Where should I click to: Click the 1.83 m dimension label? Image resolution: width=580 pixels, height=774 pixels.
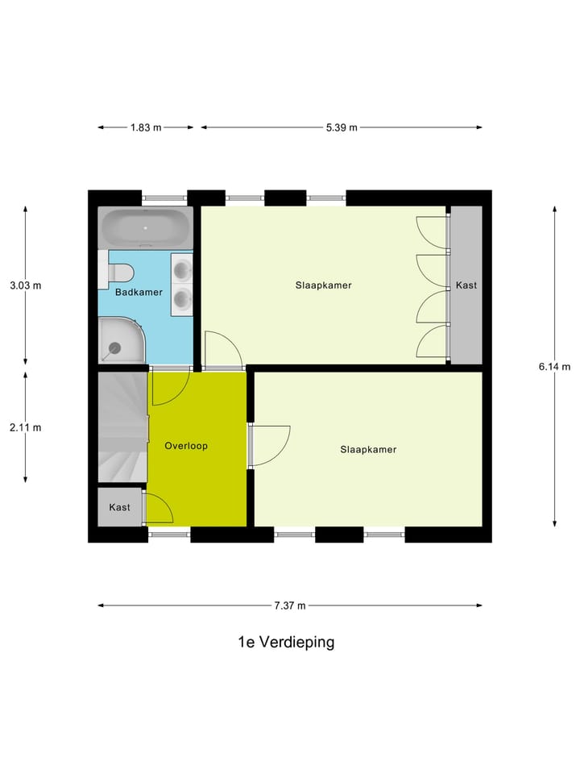pyautogui.click(x=146, y=127)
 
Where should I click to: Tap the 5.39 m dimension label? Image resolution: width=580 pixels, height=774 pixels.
pyautogui.click(x=342, y=127)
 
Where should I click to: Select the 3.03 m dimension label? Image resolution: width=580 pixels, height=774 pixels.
pyautogui.click(x=25, y=285)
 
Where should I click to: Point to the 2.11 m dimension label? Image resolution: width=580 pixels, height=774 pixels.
pyautogui.click(x=25, y=427)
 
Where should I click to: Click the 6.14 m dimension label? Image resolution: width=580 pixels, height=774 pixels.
pyautogui.click(x=554, y=365)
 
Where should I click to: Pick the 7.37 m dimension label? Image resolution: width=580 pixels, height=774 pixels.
pyautogui.click(x=289, y=605)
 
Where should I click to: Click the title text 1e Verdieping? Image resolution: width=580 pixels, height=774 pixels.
pyautogui.click(x=286, y=643)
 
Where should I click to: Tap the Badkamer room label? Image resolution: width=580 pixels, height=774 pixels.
pyautogui.click(x=139, y=292)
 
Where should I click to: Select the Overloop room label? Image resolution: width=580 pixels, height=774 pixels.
pyautogui.click(x=186, y=445)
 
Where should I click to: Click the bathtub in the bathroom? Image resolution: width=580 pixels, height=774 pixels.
pyautogui.click(x=145, y=227)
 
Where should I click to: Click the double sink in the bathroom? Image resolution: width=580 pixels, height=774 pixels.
pyautogui.click(x=181, y=283)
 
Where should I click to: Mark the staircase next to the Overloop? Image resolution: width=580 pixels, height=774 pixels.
pyautogui.click(x=122, y=427)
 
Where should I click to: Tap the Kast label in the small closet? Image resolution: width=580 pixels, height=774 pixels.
pyautogui.click(x=120, y=507)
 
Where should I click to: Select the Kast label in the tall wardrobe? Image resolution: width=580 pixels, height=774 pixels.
pyautogui.click(x=466, y=285)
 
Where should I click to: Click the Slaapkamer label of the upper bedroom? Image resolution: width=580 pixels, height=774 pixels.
pyautogui.click(x=324, y=285)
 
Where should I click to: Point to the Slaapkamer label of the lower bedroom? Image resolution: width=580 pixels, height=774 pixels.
pyautogui.click(x=368, y=449)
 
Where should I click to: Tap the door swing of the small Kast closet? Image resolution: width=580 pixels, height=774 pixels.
pyautogui.click(x=159, y=508)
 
